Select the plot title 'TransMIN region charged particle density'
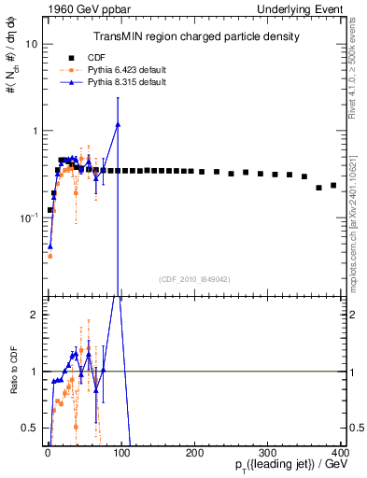196,37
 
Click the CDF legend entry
113,56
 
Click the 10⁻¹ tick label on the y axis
28,217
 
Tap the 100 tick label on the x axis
120,453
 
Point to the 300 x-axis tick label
268,453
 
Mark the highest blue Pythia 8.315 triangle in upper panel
118,124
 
